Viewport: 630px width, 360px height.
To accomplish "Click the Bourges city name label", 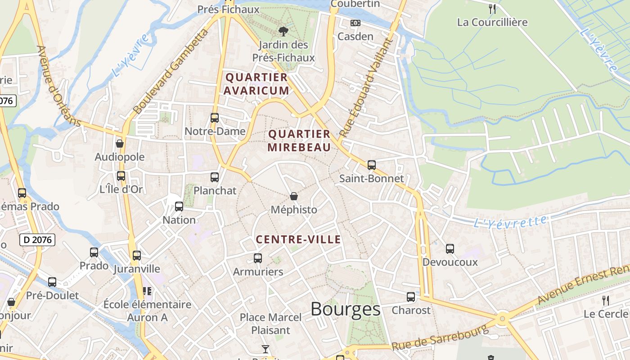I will point(345,309).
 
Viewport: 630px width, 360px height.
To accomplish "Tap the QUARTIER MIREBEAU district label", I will point(299,140).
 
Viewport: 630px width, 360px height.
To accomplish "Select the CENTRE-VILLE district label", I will point(298,239).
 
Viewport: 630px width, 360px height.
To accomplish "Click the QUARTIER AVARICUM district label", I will point(256,84).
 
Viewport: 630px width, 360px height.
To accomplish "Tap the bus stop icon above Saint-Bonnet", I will point(371,165).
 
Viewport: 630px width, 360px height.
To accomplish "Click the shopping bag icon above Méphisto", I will point(294,196).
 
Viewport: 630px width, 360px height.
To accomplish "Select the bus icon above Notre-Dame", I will point(215,118).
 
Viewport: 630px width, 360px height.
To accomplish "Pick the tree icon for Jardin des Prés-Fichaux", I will point(283,31).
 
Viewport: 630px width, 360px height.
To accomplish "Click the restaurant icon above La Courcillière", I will point(492,9).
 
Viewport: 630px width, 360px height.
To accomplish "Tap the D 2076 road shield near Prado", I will point(37,240).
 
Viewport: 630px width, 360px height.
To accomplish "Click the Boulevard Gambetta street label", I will point(171,72).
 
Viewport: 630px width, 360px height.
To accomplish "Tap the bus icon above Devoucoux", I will point(450,248).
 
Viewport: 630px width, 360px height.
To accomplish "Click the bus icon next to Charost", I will point(411,297).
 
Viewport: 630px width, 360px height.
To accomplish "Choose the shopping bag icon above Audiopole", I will point(120,144).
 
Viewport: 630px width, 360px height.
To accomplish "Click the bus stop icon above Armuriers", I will point(258,258).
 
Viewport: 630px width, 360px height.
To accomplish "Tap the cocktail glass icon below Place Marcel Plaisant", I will point(265,349).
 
